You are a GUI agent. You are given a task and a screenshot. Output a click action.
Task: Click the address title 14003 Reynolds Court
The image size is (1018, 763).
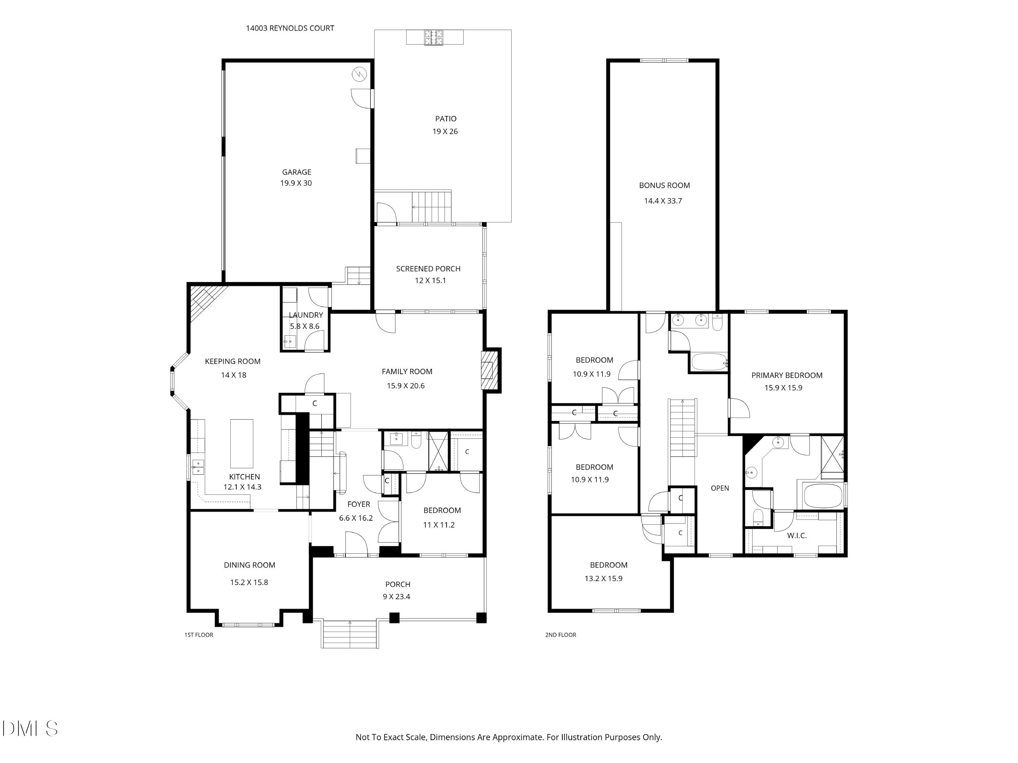(x=290, y=28)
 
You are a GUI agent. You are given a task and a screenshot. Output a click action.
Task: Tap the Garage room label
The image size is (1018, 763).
(x=296, y=172)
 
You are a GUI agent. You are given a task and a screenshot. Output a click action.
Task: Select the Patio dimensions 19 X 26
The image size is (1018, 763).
(x=445, y=132)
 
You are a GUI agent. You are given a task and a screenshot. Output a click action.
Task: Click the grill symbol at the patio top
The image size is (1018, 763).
(x=434, y=37)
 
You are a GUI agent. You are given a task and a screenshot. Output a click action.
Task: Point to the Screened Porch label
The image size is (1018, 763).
(x=428, y=269)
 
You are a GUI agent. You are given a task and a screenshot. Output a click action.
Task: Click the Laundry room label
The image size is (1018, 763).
(x=306, y=315)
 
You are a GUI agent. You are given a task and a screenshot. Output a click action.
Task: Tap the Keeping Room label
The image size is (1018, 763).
(x=232, y=362)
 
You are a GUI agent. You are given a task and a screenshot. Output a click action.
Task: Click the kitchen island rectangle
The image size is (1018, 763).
(x=242, y=443)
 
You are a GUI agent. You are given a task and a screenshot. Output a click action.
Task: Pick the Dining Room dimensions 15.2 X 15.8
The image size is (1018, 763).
(x=249, y=582)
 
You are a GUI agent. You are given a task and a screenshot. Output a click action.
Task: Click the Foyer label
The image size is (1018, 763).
(x=359, y=504)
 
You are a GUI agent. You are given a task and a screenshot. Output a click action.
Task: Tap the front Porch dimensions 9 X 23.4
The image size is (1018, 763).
(x=396, y=596)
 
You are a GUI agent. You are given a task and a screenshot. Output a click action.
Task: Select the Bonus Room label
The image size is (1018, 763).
(x=664, y=186)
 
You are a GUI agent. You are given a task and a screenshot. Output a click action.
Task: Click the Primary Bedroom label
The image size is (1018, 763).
(x=787, y=376)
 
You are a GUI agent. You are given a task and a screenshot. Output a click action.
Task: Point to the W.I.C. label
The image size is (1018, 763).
(x=797, y=536)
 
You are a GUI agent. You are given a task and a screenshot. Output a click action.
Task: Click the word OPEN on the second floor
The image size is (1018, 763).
(x=720, y=488)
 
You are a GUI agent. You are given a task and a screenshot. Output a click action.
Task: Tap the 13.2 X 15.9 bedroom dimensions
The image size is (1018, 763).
(x=603, y=578)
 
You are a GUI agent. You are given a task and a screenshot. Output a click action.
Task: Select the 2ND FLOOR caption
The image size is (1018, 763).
(x=561, y=635)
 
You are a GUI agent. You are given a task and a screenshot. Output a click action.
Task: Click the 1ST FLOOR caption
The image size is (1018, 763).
(x=199, y=635)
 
